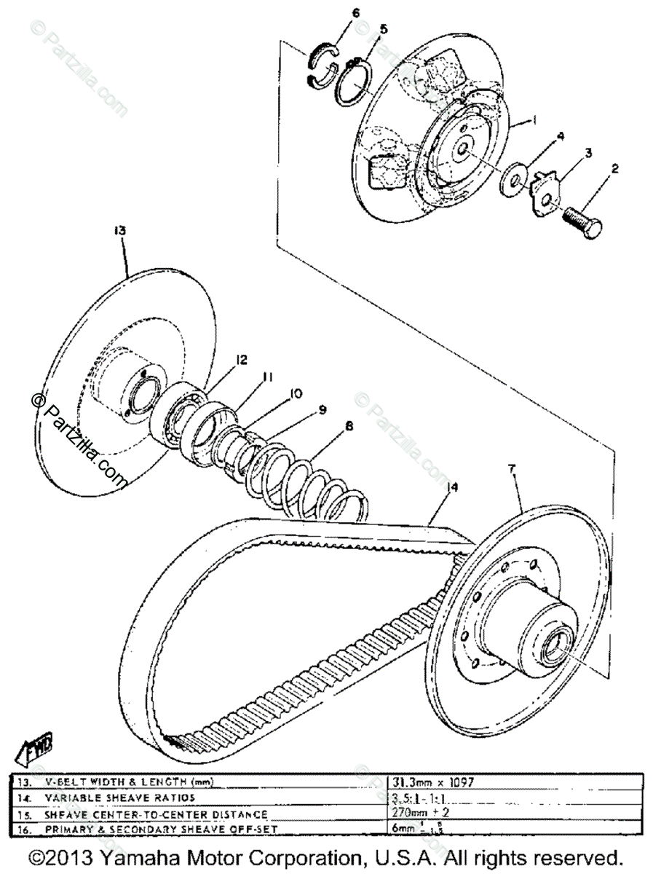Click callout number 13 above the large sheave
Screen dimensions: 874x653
pyautogui.click(x=120, y=229)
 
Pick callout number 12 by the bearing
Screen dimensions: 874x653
pyautogui.click(x=241, y=360)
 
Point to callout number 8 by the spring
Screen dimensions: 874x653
pyautogui.click(x=349, y=427)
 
